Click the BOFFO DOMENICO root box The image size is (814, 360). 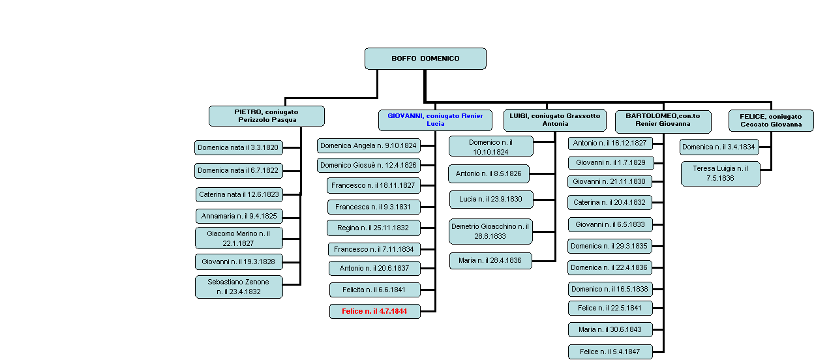tap(425, 59)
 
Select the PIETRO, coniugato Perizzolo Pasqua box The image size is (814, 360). tap(267, 116)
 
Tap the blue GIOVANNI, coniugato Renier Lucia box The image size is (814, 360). tap(435, 120)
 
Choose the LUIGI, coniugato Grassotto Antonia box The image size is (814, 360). tap(555, 120)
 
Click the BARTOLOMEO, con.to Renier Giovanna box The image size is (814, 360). tap(663, 121)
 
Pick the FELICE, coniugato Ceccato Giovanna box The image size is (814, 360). tap(771, 121)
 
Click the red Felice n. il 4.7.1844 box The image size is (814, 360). tap(375, 311)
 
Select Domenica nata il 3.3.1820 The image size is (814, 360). tap(239, 147)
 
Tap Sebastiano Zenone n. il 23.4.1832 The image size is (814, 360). tap(239, 287)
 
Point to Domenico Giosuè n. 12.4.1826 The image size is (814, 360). tap(369, 165)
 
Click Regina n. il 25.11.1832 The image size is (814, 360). tap(374, 228)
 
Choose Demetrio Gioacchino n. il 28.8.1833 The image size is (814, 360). tap(490, 232)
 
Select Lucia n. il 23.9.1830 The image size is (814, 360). tap(491, 200)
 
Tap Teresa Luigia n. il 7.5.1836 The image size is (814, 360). tap(721, 173)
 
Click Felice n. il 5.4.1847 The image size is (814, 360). tap(610, 352)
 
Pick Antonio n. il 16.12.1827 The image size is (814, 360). tap(610, 143)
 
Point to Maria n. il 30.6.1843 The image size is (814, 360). tap(610, 329)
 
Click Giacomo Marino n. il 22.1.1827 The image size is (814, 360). tap(239, 238)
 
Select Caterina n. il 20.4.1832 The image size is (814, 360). tap(610, 202)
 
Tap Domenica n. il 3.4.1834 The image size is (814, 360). tap(719, 147)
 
